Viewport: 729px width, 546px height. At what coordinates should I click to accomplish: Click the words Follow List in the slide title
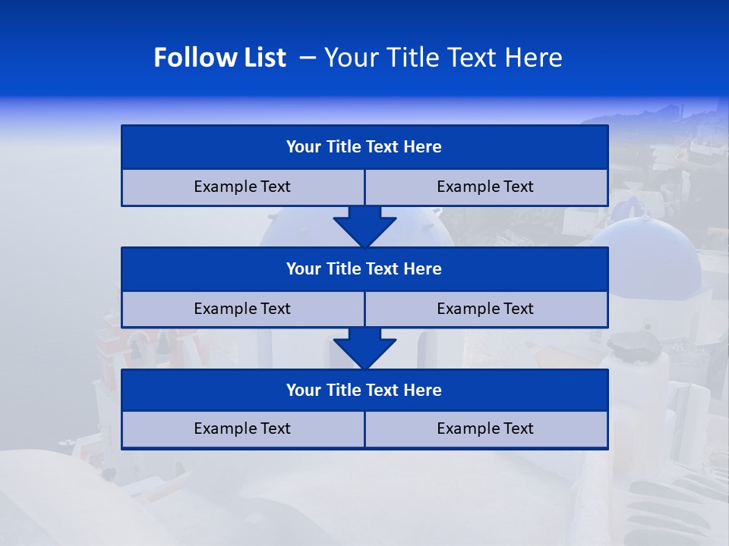[219, 58]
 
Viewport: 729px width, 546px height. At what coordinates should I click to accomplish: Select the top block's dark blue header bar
[364, 147]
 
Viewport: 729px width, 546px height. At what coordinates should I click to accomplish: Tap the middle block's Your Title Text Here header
[364, 269]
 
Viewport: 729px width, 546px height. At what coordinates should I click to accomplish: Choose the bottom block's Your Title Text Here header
[364, 391]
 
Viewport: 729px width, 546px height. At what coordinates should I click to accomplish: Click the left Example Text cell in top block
[242, 187]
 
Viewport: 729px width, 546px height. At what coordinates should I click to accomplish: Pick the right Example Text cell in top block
[485, 187]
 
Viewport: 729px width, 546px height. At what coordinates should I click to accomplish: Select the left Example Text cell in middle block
[242, 309]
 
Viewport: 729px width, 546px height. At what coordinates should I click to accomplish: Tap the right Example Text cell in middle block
[485, 309]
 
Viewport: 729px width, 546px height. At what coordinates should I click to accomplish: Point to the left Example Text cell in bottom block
[242, 429]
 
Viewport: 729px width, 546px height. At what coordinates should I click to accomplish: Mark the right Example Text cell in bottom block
[485, 429]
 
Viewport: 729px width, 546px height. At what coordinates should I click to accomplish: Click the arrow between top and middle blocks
[364, 226]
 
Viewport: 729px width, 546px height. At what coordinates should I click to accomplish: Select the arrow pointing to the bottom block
[364, 348]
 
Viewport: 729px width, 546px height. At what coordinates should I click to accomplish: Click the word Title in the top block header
[343, 147]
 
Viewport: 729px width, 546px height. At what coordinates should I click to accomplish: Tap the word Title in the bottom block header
[343, 391]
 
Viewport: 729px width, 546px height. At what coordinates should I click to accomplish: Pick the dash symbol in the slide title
[308, 58]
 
